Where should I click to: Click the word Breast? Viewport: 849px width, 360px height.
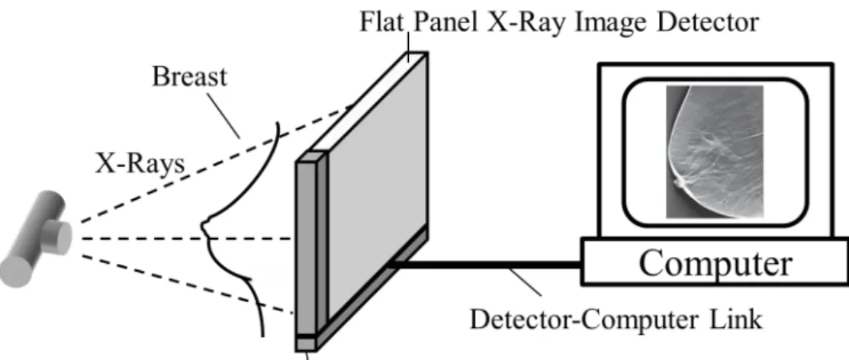pyautogui.click(x=189, y=76)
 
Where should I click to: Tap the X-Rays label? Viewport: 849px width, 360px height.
pyautogui.click(x=140, y=163)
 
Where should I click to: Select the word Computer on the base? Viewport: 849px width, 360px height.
pyautogui.click(x=716, y=263)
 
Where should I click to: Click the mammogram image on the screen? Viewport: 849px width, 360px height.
pyautogui.click(x=714, y=152)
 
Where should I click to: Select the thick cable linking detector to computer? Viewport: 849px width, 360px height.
pyautogui.click(x=484, y=265)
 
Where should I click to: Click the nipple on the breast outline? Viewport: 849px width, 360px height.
pyautogui.click(x=205, y=227)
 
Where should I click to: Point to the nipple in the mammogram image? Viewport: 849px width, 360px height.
pyautogui.click(x=677, y=184)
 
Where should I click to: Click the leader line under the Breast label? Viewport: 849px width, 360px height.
pyautogui.click(x=223, y=114)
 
